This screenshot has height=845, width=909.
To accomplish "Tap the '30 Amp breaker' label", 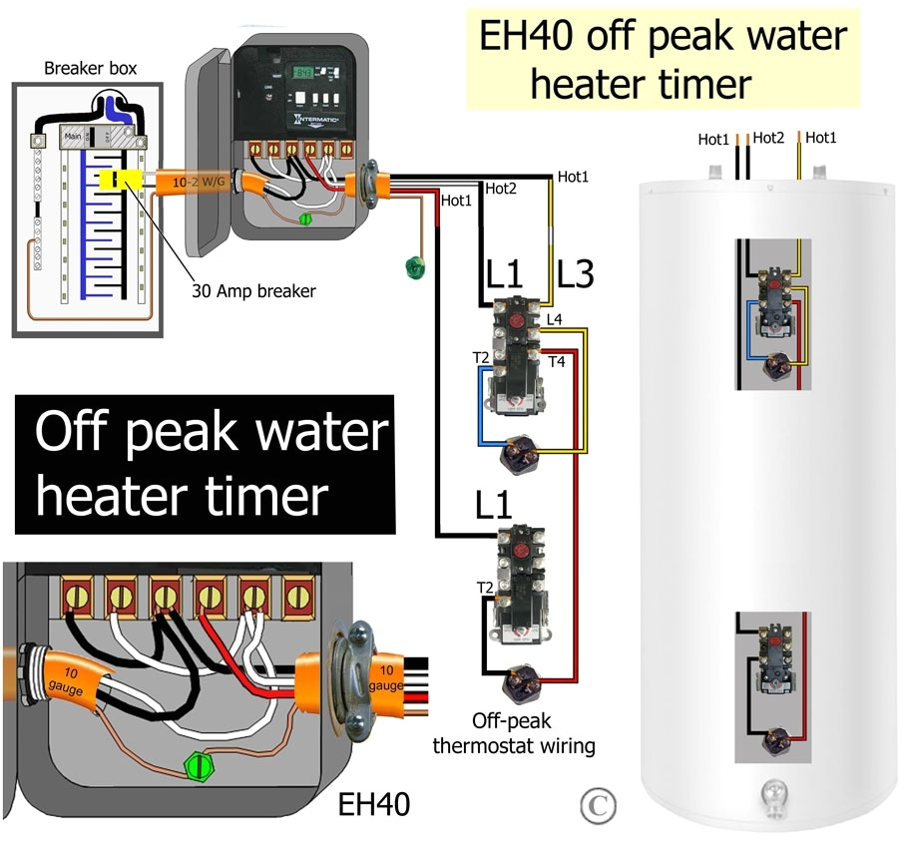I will pos(253,291).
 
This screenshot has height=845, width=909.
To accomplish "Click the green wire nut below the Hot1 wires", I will pos(411,266).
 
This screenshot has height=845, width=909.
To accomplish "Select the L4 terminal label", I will pos(555,318).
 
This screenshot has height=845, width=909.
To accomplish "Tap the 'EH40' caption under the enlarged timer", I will pos(372,804).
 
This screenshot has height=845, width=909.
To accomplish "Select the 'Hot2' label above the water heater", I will pos(769,139).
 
